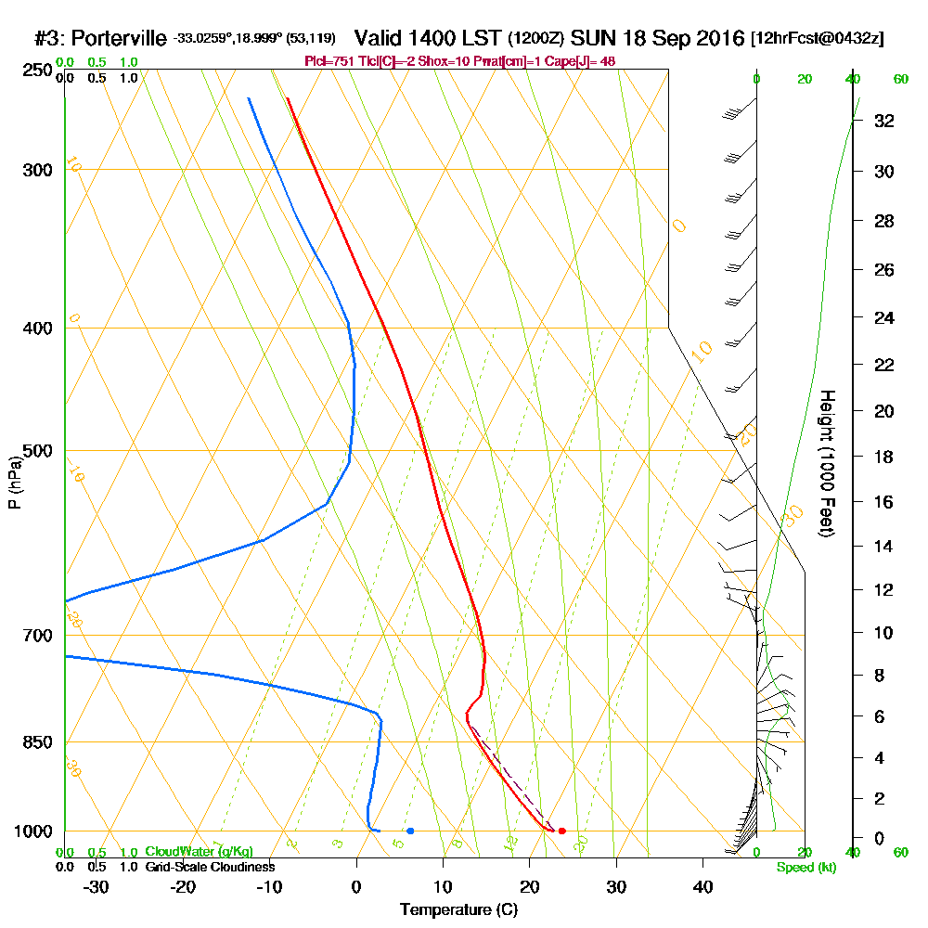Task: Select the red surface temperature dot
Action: pyautogui.click(x=561, y=831)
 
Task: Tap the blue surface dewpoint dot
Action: pyautogui.click(x=410, y=831)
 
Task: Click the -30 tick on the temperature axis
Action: pyautogui.click(x=97, y=886)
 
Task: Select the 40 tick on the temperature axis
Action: pyautogui.click(x=702, y=886)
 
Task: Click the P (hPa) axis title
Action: pyautogui.click(x=14, y=482)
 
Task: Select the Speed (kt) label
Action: pyautogui.click(x=806, y=867)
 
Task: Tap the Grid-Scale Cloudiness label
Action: pyautogui.click(x=210, y=867)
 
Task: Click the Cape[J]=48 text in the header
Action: pyautogui.click(x=586, y=61)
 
